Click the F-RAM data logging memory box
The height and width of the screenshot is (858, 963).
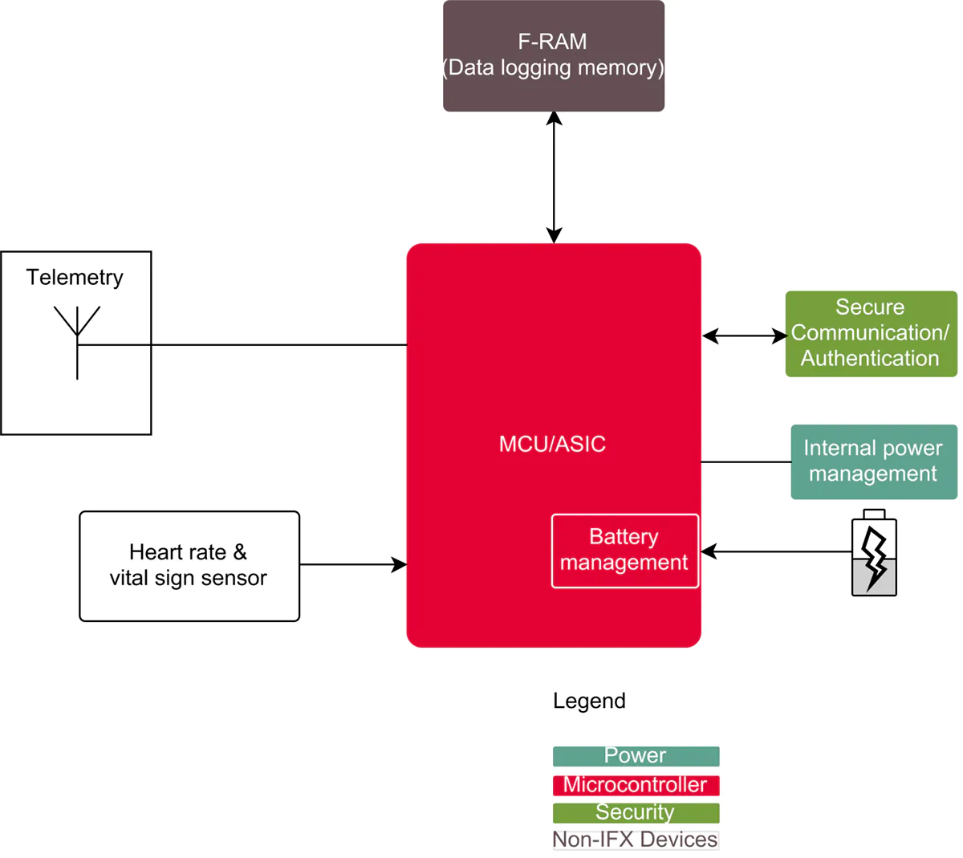(x=554, y=55)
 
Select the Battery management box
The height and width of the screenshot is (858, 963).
(x=624, y=551)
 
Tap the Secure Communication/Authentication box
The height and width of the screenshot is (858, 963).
(x=871, y=333)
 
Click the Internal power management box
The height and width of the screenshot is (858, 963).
(x=873, y=462)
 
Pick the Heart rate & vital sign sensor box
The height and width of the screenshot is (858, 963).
(x=189, y=566)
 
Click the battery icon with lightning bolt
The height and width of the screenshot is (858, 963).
(x=874, y=554)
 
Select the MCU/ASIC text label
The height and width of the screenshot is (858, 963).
(x=552, y=444)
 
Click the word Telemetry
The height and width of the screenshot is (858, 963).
(x=75, y=278)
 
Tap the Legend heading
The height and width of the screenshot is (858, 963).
(x=589, y=701)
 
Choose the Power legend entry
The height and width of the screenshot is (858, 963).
(x=636, y=756)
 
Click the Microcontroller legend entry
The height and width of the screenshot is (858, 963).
(x=636, y=785)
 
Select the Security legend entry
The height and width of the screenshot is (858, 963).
(x=636, y=812)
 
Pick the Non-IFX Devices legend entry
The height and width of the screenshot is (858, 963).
(x=636, y=840)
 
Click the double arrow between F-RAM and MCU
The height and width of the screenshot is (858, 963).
(x=554, y=177)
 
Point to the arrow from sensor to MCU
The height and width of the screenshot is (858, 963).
(x=353, y=565)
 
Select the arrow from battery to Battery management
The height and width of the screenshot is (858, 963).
(x=775, y=551)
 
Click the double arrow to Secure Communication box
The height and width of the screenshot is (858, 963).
(x=744, y=336)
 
